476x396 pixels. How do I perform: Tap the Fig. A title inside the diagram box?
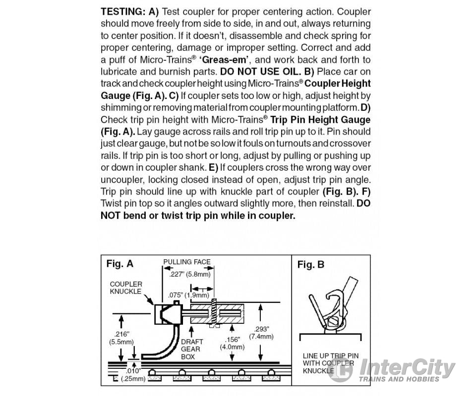click(x=119, y=264)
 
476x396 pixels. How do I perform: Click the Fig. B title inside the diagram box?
click(x=310, y=265)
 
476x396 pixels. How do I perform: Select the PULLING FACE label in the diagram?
click(x=187, y=262)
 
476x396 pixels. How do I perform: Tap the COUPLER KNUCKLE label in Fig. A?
click(x=125, y=288)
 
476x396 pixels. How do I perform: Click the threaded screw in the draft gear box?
click(x=215, y=314)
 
